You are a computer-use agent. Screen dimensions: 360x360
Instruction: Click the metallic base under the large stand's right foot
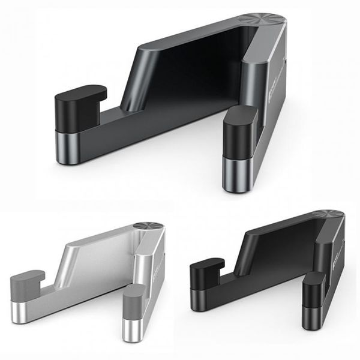click(238, 174)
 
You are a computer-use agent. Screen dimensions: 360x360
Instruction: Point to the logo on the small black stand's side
click(340, 246)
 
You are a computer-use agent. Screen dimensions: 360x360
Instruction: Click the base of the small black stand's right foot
click(312, 315)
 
